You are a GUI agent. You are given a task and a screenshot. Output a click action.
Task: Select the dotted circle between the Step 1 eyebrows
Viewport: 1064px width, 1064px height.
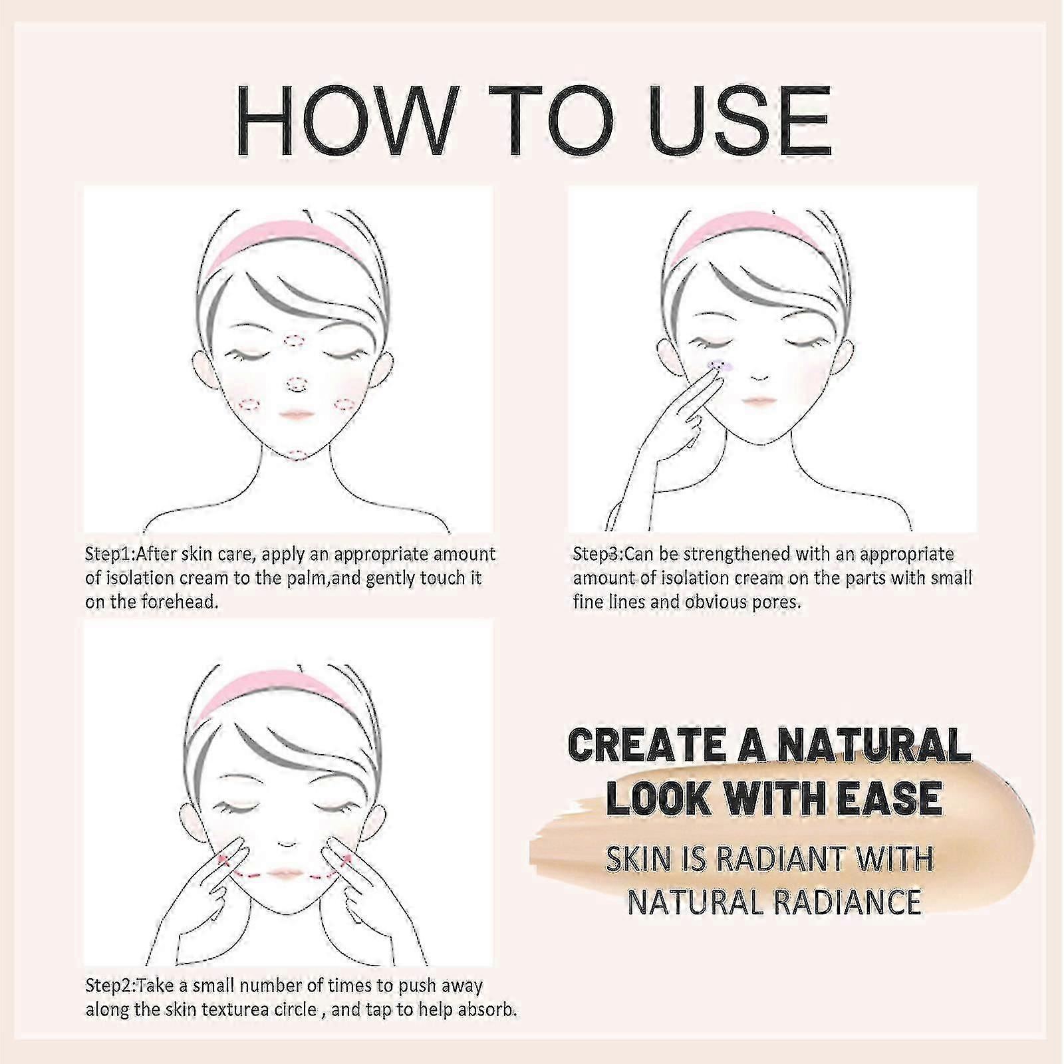click(x=294, y=341)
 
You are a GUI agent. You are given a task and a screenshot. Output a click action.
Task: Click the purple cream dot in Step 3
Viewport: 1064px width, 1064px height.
click(x=722, y=364)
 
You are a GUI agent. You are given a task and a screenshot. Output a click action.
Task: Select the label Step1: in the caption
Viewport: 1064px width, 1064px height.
click(x=110, y=554)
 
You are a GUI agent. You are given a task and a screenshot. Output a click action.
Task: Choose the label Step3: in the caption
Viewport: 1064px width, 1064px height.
click(x=598, y=554)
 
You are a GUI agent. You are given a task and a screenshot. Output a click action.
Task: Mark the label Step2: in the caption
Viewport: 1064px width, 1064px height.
click(x=110, y=986)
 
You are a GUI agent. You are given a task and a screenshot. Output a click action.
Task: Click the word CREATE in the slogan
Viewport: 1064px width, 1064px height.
click(x=648, y=745)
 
